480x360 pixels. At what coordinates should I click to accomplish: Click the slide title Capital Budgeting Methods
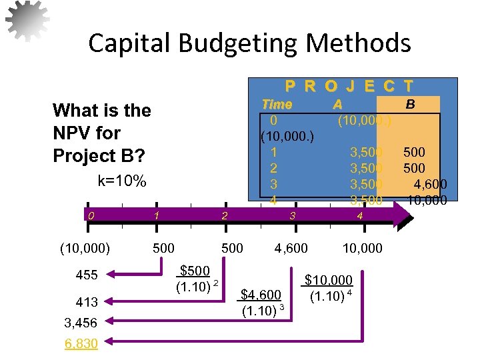pos(249,44)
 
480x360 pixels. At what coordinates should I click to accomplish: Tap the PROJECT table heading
pos(349,86)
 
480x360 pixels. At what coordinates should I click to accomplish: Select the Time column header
pos(277,105)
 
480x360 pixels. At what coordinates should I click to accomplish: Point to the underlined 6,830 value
pos(81,343)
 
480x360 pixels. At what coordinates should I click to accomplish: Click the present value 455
pos(87,275)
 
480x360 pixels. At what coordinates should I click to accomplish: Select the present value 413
pos(87,301)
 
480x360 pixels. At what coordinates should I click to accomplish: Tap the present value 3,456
pos(81,323)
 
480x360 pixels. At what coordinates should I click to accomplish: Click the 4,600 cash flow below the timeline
pos(292,249)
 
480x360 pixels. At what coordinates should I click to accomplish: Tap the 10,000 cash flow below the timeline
pos(362,249)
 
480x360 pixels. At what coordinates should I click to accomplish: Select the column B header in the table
pos(411,104)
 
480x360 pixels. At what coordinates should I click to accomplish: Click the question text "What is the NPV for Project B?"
pos(101,133)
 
